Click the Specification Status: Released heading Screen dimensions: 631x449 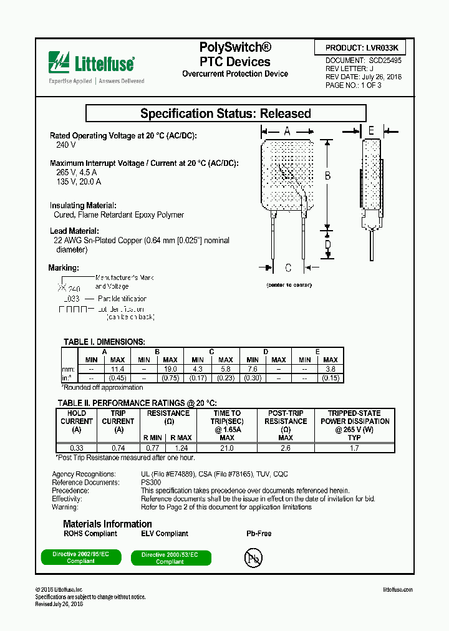tap(225, 113)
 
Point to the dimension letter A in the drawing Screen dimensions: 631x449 tap(287, 131)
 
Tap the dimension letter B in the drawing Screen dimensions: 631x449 tap(327, 176)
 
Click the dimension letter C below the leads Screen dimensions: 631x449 tap(288, 268)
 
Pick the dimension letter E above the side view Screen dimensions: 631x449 tap(371, 130)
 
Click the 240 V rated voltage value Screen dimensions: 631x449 tap(65, 145)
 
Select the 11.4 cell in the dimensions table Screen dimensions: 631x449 tap(117, 369)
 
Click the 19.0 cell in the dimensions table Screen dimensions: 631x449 tap(170, 369)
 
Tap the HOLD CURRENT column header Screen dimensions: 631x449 tap(77, 421)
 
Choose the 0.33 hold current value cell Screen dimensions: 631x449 tap(77, 448)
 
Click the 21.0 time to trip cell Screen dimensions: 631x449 tap(226, 448)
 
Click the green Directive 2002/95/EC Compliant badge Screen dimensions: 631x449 tap(81, 558)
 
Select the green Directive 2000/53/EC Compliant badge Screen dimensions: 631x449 tap(170, 558)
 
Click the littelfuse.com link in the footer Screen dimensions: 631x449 tap(397, 590)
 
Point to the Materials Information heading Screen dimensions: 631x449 tap(107, 524)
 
